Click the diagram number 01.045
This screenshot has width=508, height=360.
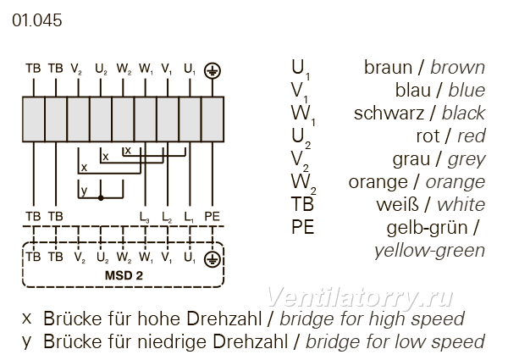tap(37, 20)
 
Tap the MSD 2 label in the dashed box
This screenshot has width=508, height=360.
tap(124, 275)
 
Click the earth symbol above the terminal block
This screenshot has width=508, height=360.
tap(213, 70)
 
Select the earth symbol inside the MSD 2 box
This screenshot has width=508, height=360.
tap(213, 259)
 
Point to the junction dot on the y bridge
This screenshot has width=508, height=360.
tap(101, 197)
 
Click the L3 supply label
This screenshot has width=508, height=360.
tap(145, 217)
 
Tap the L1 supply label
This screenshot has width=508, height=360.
tap(189, 217)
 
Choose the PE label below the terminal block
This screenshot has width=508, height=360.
tap(213, 216)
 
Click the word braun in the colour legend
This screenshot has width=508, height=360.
tap(388, 68)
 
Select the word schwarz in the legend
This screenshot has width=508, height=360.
tap(389, 114)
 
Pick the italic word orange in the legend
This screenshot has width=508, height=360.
tap(456, 182)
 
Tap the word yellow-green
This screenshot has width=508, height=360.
tap(429, 251)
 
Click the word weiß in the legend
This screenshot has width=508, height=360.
tap(398, 205)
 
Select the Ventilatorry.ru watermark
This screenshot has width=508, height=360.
tap(360, 297)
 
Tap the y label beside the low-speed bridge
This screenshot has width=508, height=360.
tap(84, 191)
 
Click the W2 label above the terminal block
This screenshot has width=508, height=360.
tap(124, 69)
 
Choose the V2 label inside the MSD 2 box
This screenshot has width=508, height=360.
tap(80, 258)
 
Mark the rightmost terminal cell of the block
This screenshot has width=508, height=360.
tap(213, 119)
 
